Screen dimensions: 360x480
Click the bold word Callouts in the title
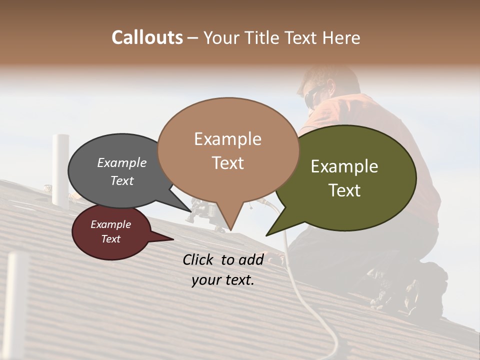pyautogui.click(x=147, y=37)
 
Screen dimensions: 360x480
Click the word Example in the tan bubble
pyautogui.click(x=227, y=139)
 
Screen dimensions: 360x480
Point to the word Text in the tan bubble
pyautogui.click(x=227, y=162)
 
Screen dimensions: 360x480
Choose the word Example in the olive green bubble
pyautogui.click(x=344, y=166)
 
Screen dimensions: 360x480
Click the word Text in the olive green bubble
pyautogui.click(x=344, y=190)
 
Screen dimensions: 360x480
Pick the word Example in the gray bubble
pyautogui.click(x=121, y=162)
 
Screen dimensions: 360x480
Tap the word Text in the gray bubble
pyautogui.click(x=121, y=180)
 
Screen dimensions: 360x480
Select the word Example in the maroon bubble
pyautogui.click(x=110, y=224)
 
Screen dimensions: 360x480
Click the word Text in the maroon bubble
pyautogui.click(x=110, y=239)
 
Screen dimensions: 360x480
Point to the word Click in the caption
pyautogui.click(x=199, y=259)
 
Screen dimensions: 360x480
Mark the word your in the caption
pyautogui.click(x=205, y=280)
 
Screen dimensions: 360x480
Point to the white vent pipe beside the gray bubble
pyautogui.click(x=60, y=170)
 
